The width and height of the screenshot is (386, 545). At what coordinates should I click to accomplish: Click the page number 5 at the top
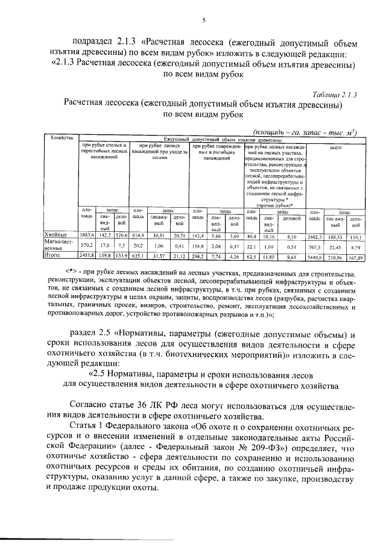[203, 21]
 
